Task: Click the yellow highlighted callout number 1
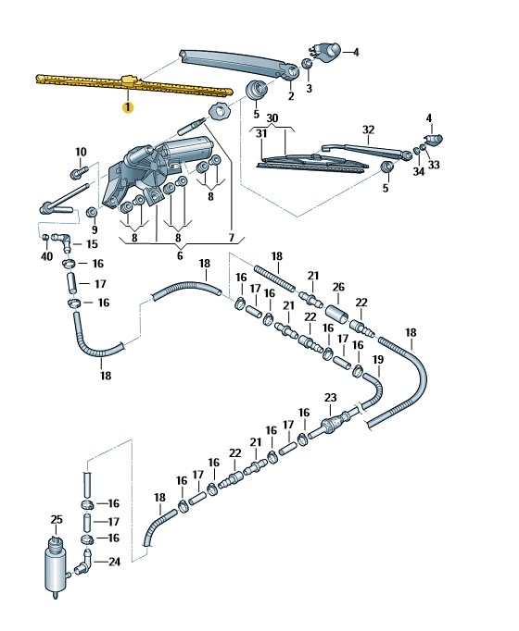(x=128, y=107)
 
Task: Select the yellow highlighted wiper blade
(x=133, y=85)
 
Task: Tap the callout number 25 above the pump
(x=57, y=519)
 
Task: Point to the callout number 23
(x=331, y=398)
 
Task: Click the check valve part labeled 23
(x=334, y=424)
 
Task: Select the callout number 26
(x=338, y=287)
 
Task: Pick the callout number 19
(x=378, y=359)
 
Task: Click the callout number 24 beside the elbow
(x=114, y=562)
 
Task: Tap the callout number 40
(x=46, y=256)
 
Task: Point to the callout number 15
(x=92, y=244)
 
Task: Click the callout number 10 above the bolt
(x=81, y=152)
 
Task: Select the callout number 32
(x=368, y=130)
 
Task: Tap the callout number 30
(x=272, y=118)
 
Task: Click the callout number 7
(x=232, y=238)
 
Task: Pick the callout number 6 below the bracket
(x=180, y=255)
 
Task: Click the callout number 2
(x=291, y=96)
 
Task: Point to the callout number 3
(x=309, y=88)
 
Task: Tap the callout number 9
(x=95, y=229)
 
